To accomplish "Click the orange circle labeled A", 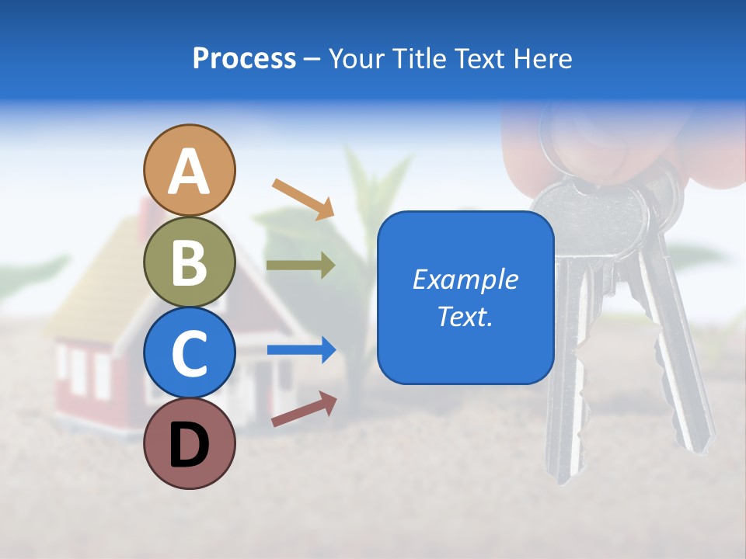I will click(x=189, y=170).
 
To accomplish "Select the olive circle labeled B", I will click(x=189, y=262).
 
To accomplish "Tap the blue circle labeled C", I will click(x=189, y=352).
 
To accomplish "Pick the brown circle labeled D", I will click(x=189, y=443).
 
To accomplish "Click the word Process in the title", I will click(x=244, y=58).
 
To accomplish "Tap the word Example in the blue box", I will click(x=465, y=279).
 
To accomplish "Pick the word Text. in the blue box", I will click(x=465, y=317).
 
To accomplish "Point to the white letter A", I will click(x=189, y=172).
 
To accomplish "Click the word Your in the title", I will click(x=356, y=58).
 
